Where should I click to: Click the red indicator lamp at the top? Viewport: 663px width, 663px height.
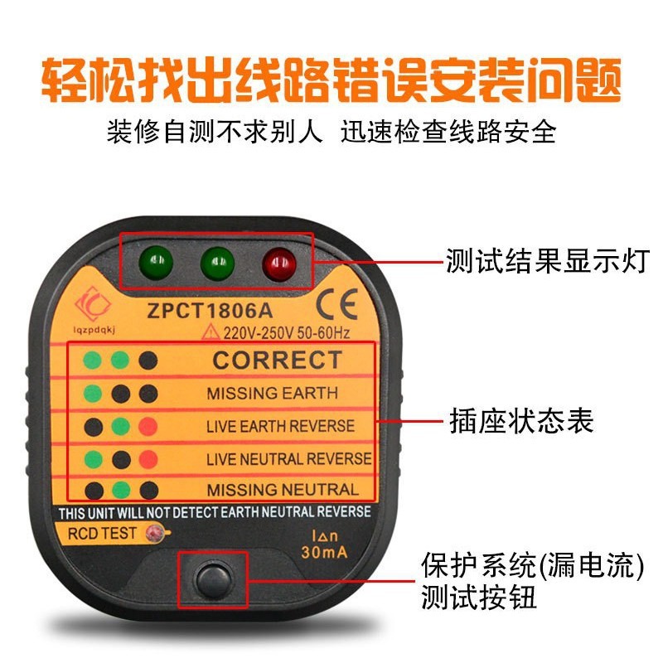pyautogui.click(x=279, y=264)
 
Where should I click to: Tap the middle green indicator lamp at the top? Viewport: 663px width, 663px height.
pyautogui.click(x=217, y=263)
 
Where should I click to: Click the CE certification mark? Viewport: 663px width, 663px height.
pyautogui.click(x=337, y=304)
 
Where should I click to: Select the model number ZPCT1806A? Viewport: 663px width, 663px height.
pyautogui.click(x=210, y=311)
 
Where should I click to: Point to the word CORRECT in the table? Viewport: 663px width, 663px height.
pyautogui.click(x=278, y=361)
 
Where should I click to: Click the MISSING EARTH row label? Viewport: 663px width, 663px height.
pyautogui.click(x=273, y=393)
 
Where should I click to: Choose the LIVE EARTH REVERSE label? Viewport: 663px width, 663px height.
pyautogui.click(x=280, y=426)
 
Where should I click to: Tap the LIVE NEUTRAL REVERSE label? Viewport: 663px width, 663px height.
pyautogui.click(x=288, y=459)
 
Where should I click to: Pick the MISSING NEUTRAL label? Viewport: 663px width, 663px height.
pyautogui.click(x=283, y=490)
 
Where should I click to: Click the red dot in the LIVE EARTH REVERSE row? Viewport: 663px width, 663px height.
pyautogui.click(x=148, y=426)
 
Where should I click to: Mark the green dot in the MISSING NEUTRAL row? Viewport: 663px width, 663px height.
pyautogui.click(x=121, y=491)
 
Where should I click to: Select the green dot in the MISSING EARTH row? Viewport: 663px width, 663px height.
pyautogui.click(x=93, y=394)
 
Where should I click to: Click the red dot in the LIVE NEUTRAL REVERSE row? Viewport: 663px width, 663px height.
pyautogui.click(x=148, y=459)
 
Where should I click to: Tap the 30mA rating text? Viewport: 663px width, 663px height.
pyautogui.click(x=324, y=552)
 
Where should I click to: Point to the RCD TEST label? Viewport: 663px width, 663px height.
pyautogui.click(x=102, y=533)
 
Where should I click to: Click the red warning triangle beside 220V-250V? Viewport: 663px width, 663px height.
pyautogui.click(x=211, y=332)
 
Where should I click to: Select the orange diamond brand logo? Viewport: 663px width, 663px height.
pyautogui.click(x=93, y=303)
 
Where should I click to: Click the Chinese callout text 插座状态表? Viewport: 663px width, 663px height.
pyautogui.click(x=521, y=421)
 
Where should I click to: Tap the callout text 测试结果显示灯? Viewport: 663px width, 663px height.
pyautogui.click(x=548, y=261)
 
